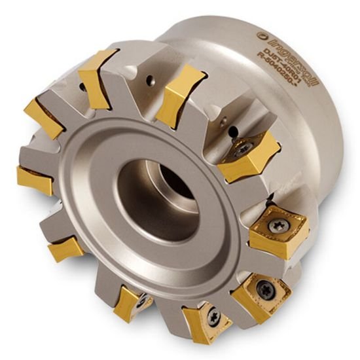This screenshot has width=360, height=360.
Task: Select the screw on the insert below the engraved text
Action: pyautogui.click(x=242, y=149)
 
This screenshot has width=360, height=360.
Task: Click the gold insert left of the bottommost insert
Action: pyautogui.click(x=130, y=302)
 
